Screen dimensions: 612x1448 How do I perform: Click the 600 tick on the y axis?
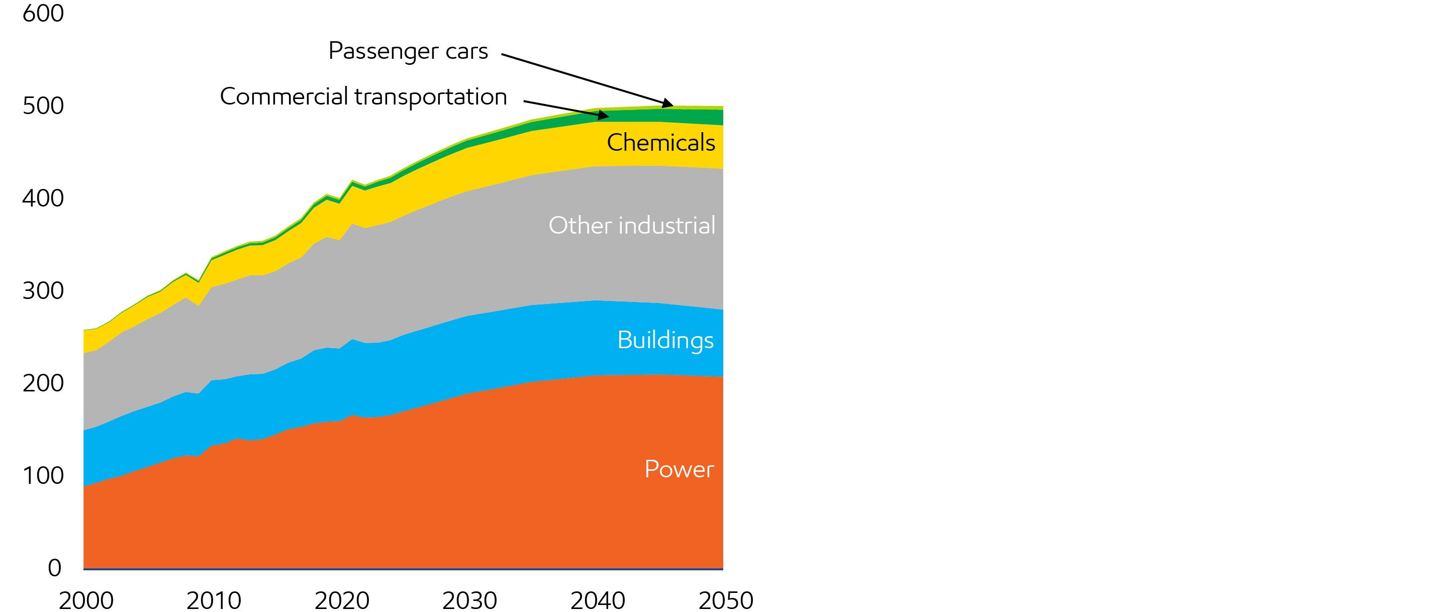[x=43, y=14]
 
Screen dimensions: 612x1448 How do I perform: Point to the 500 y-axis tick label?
[x=43, y=106]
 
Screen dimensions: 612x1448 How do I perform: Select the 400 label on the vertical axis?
[x=43, y=198]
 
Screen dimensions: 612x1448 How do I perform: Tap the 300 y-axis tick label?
[x=43, y=291]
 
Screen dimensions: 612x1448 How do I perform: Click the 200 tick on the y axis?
[x=43, y=383]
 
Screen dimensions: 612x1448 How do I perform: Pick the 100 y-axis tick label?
[x=43, y=476]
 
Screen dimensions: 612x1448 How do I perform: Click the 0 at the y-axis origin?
[x=54, y=568]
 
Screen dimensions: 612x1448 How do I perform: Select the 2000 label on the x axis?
[x=86, y=600]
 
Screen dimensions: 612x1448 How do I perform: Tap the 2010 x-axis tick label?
[x=214, y=600]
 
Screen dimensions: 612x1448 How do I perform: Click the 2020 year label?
[x=342, y=600]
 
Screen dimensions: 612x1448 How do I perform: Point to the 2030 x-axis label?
[x=469, y=600]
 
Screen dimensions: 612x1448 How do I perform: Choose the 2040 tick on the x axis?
[x=598, y=600]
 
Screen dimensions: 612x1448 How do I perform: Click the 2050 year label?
[x=726, y=600]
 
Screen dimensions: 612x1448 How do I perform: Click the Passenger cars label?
[x=408, y=51]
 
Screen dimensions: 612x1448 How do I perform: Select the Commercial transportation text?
[x=363, y=96]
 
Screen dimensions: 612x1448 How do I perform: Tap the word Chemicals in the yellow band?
[x=660, y=143]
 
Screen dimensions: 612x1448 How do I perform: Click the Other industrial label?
[x=632, y=226]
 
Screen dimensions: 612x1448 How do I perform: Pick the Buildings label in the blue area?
[x=665, y=341]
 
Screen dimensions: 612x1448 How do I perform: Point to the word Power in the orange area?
[x=679, y=469]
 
